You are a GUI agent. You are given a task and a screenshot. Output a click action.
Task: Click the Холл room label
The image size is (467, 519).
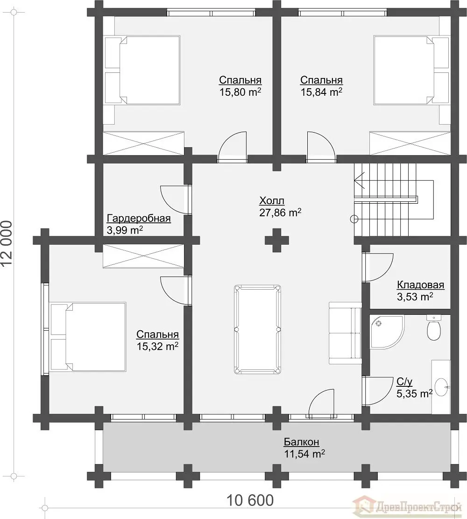272,200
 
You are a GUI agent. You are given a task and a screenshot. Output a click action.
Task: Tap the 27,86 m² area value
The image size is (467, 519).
280,212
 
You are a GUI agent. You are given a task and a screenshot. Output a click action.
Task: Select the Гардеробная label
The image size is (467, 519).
139,219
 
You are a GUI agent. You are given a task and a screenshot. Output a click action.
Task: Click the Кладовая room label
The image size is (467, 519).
420,285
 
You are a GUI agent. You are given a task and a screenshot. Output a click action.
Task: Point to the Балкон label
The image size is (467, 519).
302,442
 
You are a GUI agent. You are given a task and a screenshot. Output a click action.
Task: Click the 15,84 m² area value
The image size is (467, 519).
321,92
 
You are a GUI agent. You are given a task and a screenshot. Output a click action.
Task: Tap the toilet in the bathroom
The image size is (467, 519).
433,327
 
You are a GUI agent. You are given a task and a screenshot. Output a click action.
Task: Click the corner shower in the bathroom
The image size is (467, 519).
387,332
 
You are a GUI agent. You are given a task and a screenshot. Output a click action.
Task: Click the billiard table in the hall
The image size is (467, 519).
257,329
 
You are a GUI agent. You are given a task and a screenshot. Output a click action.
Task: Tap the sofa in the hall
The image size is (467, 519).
345,333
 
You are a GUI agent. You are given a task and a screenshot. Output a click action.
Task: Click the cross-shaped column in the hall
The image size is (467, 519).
276,240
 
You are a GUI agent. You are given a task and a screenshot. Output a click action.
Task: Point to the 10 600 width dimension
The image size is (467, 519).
250,500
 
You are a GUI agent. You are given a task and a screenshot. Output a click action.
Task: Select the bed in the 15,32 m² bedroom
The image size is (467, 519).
88,337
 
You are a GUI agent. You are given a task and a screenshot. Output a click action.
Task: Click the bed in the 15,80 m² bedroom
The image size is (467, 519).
143,71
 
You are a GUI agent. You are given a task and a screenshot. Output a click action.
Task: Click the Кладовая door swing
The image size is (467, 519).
378,268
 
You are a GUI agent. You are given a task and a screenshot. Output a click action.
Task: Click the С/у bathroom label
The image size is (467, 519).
404,382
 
